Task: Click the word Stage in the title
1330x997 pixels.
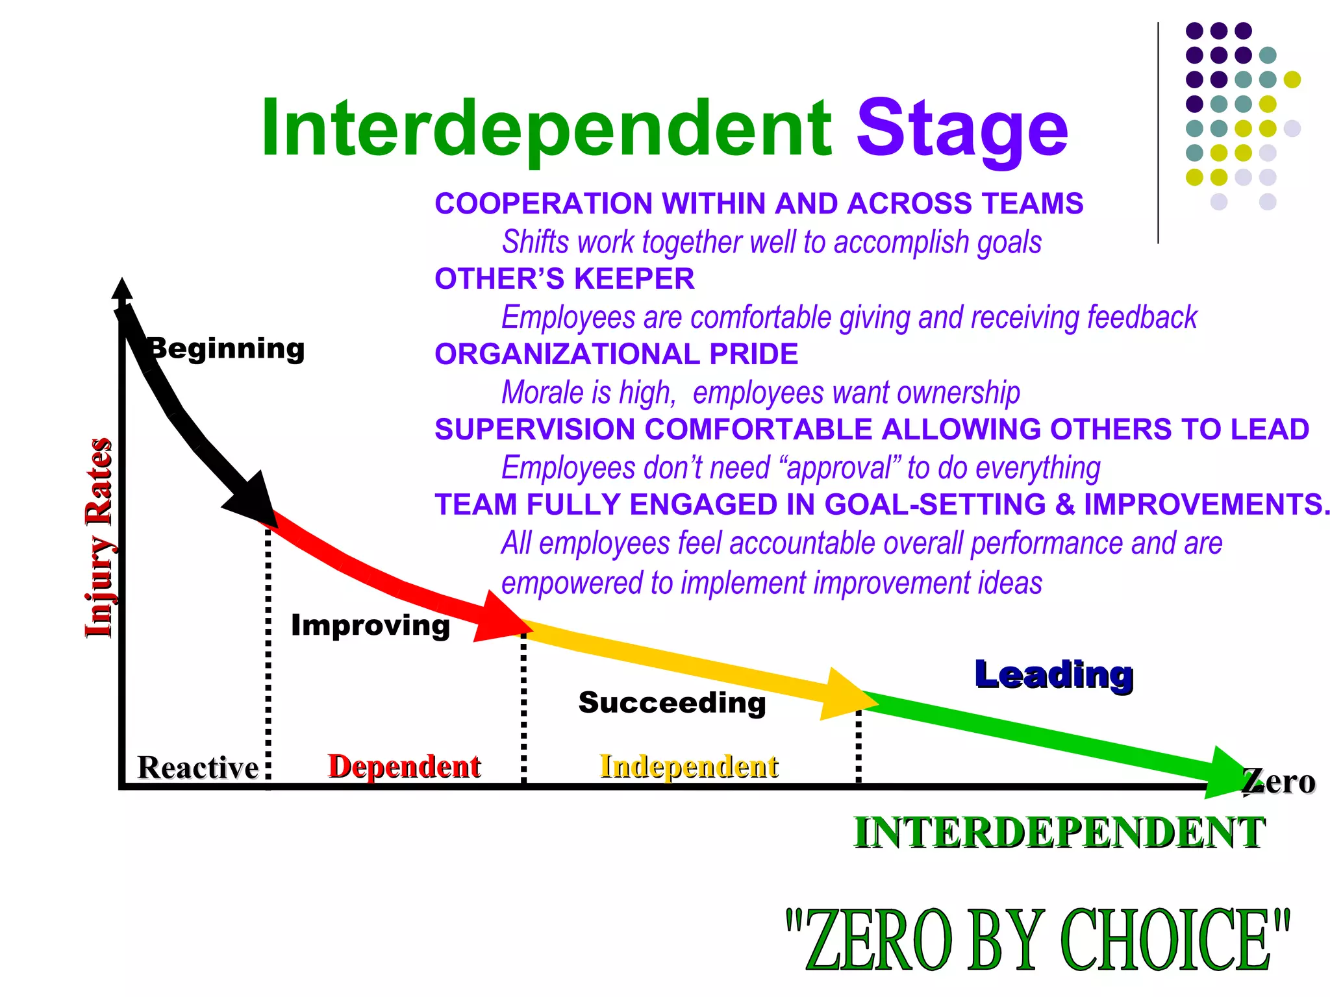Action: (962, 130)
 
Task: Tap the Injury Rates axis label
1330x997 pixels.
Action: (99, 537)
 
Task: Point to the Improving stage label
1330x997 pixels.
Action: (370, 626)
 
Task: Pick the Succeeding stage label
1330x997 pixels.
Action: (672, 703)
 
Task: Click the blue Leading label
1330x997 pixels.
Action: (1054, 675)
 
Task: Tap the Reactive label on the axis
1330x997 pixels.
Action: (198, 768)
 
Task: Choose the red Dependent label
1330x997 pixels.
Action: (405, 767)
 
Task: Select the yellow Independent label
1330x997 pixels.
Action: (689, 767)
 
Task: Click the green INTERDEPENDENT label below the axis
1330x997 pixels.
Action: (1059, 833)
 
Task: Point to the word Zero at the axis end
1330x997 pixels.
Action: (1279, 782)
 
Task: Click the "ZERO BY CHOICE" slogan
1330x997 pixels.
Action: (1037, 940)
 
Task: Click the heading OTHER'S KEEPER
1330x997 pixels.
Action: (564, 279)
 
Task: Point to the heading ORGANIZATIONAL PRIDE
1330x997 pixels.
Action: (616, 354)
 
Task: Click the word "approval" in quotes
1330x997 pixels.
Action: (840, 468)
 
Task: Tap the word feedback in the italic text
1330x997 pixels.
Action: (1142, 317)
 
